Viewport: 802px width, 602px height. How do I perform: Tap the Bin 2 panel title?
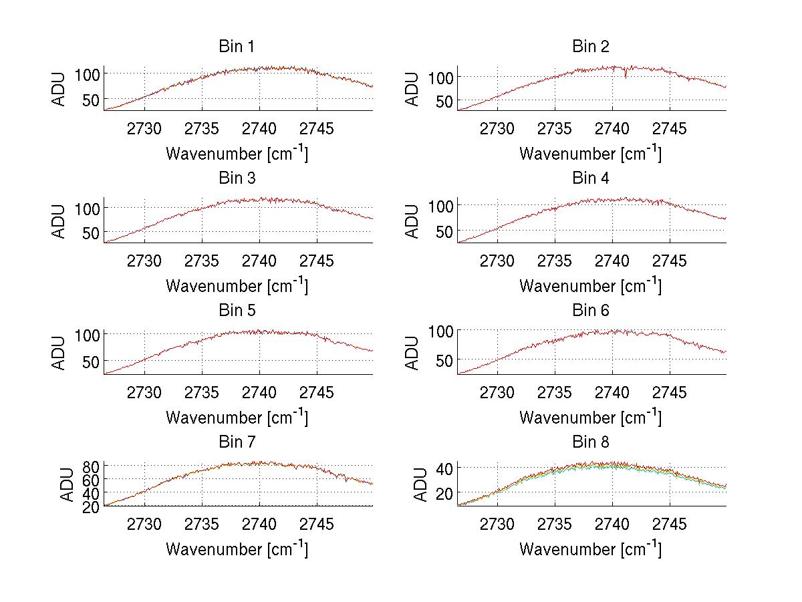point(590,47)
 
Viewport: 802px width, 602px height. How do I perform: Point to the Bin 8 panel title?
point(590,442)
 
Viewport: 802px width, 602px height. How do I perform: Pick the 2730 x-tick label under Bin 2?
point(497,128)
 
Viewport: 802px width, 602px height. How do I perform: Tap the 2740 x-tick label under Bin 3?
point(259,261)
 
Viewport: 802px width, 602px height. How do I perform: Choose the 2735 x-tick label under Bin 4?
point(555,261)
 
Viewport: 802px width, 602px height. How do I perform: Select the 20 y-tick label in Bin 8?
point(444,492)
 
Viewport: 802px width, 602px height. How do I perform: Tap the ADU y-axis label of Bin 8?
point(413,484)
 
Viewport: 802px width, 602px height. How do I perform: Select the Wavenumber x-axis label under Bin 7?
point(237,549)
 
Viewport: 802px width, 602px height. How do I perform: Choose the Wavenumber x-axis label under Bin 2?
point(590,154)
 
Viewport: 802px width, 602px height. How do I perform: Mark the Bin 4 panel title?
point(590,178)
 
